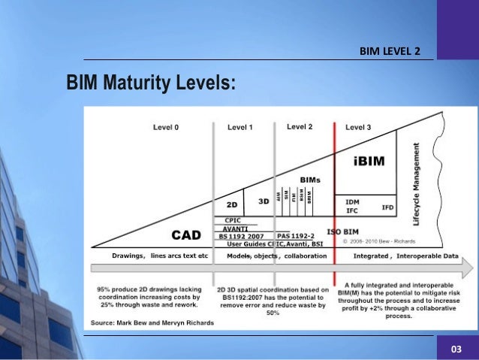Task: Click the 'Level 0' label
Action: click(166, 128)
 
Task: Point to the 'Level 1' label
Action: click(239, 128)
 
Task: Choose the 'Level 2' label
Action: click(300, 127)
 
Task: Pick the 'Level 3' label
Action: click(358, 128)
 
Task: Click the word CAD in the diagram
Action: click(186, 235)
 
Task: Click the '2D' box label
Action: click(233, 204)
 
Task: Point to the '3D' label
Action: click(264, 201)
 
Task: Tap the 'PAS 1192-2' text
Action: click(297, 236)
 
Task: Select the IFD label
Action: click(387, 207)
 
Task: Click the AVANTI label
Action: click(236, 228)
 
